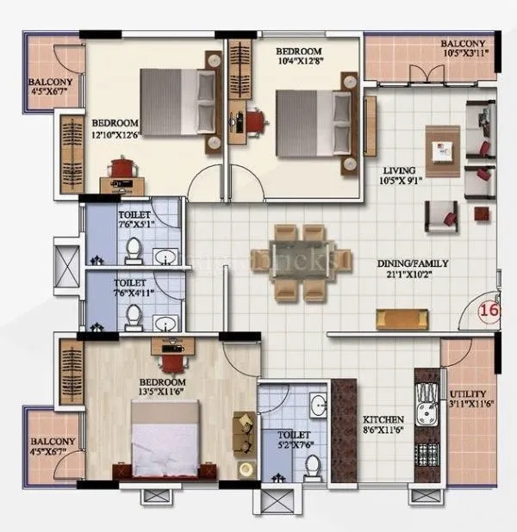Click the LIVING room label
point(402,170)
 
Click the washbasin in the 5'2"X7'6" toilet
point(317,405)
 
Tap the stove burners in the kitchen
point(425,455)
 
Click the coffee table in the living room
point(444,152)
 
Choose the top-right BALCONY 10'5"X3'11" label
point(463,45)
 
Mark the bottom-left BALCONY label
point(53,442)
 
